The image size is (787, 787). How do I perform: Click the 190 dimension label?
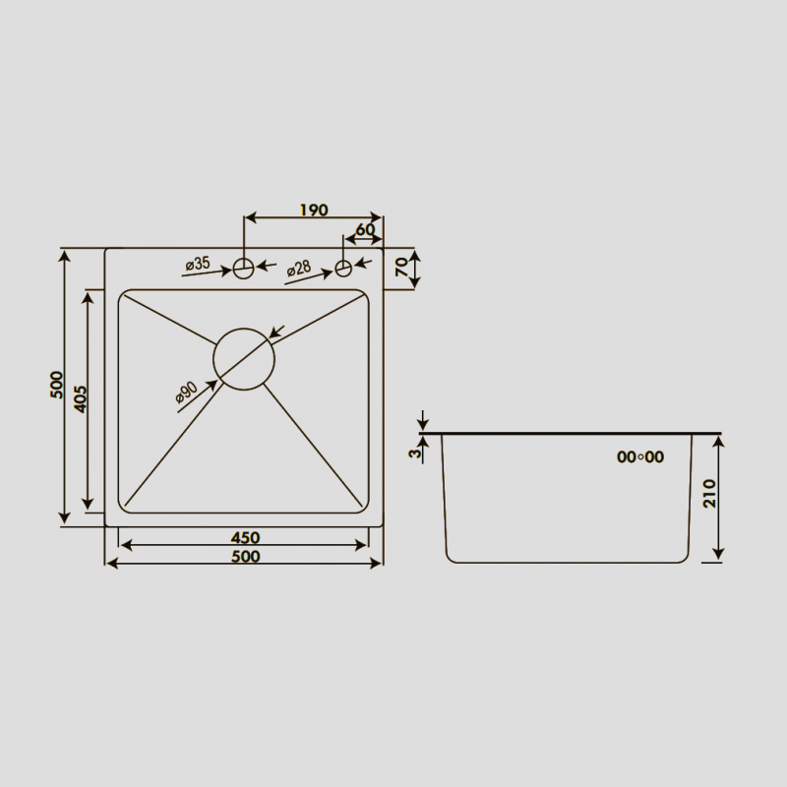(x=314, y=210)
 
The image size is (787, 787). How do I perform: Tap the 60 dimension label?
(x=365, y=229)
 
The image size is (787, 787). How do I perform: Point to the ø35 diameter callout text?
(x=198, y=264)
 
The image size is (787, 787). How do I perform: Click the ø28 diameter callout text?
(x=299, y=269)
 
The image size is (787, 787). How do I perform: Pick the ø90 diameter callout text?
(x=186, y=392)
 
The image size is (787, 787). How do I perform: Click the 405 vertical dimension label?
(x=81, y=399)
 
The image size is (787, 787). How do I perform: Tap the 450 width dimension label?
(x=245, y=538)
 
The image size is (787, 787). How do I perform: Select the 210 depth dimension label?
(x=709, y=494)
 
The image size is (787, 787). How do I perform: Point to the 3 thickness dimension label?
(x=414, y=454)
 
